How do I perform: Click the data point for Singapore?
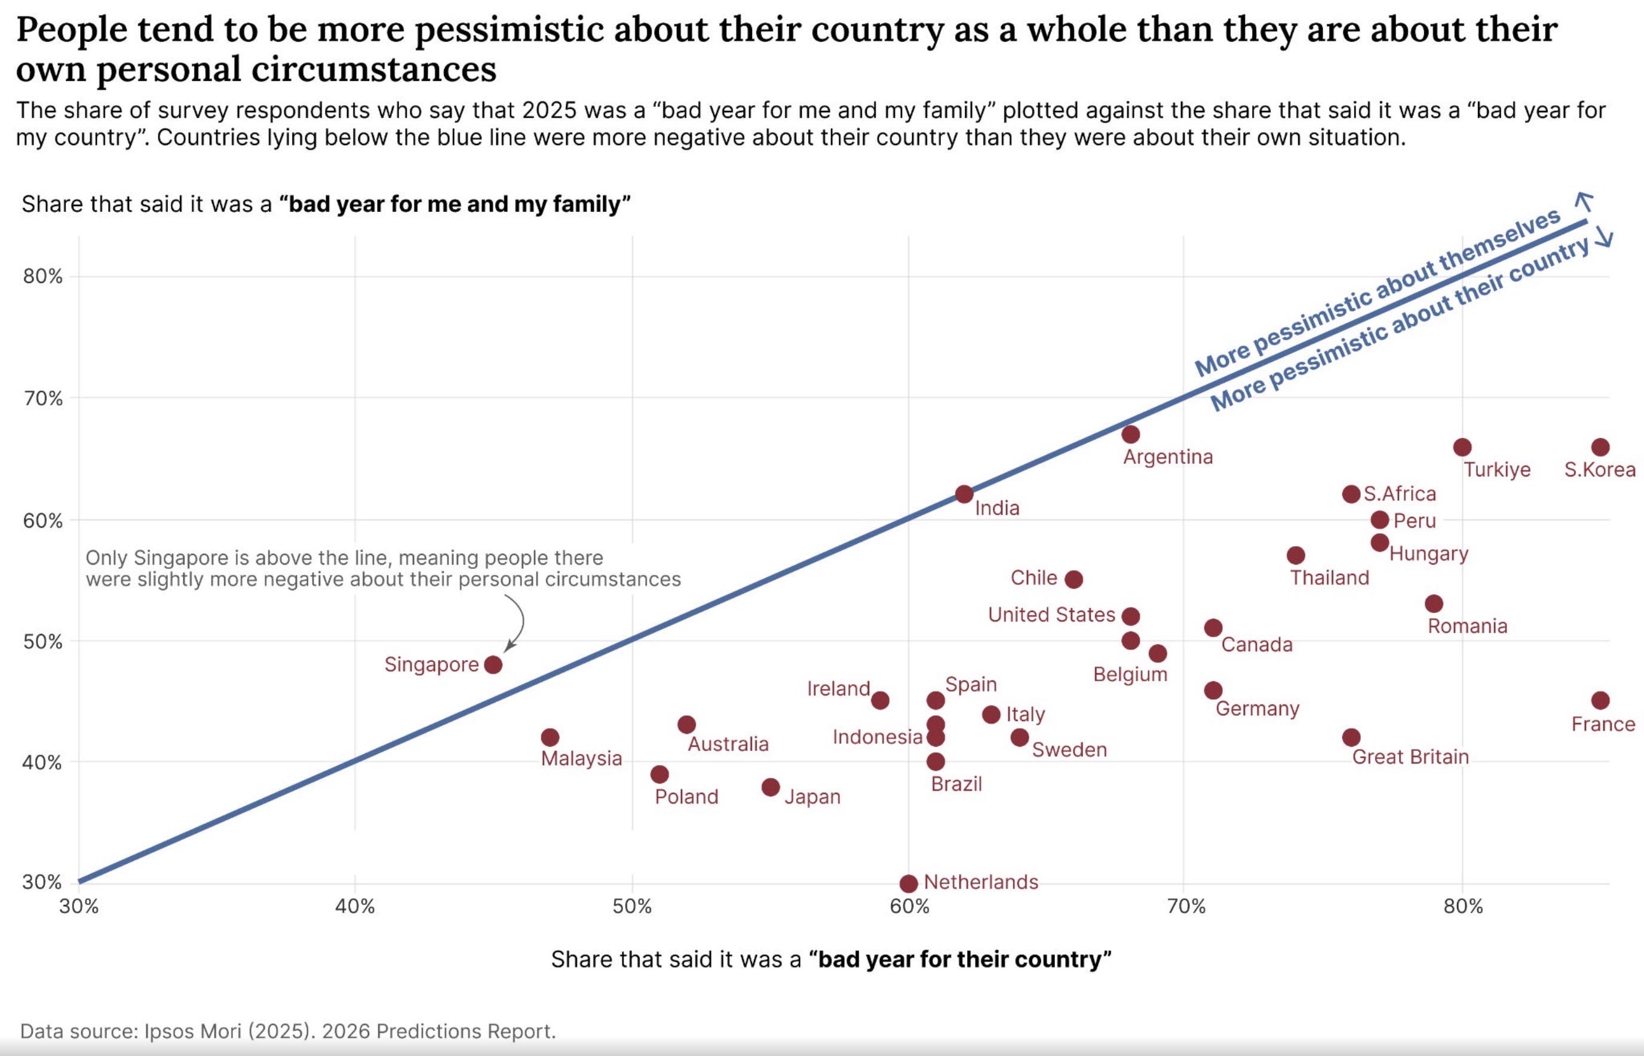pyautogui.click(x=493, y=664)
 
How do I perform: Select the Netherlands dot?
pyautogui.click(x=909, y=883)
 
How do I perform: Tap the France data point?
pyautogui.click(x=1600, y=700)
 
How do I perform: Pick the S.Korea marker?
pyautogui.click(x=1600, y=447)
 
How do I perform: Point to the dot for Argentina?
pyautogui.click(x=1131, y=434)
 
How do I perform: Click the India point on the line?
pyautogui.click(x=964, y=494)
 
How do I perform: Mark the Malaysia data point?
pyautogui.click(x=550, y=737)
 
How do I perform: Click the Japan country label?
pyautogui.click(x=812, y=796)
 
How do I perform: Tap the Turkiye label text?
pyautogui.click(x=1497, y=470)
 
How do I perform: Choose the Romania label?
pyautogui.click(x=1467, y=626)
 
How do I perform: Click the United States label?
pyautogui.click(x=1051, y=614)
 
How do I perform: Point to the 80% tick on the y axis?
pyautogui.click(x=42, y=276)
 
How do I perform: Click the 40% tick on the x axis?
pyautogui.click(x=355, y=907)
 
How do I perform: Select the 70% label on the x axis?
pyautogui.click(x=1186, y=907)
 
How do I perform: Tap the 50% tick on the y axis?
pyautogui.click(x=42, y=642)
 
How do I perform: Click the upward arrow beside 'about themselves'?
pyautogui.click(x=1584, y=202)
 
